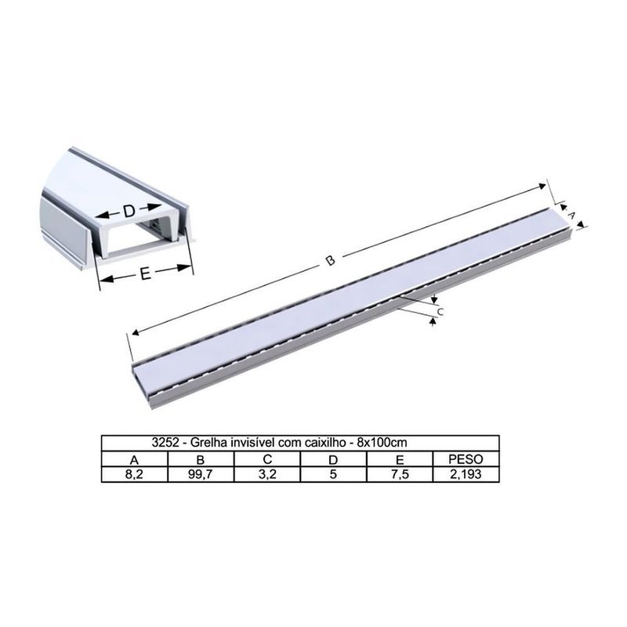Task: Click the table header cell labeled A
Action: click(135, 459)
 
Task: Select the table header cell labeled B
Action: click(201, 459)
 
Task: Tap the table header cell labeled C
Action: click(267, 459)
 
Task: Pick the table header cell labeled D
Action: click(333, 459)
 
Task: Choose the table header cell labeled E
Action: click(399, 459)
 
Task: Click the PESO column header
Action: click(466, 459)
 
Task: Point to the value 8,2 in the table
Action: click(135, 473)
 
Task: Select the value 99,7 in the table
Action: click(201, 473)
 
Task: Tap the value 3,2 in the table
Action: click(267, 473)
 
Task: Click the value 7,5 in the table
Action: click(399, 473)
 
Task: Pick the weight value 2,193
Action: click(466, 473)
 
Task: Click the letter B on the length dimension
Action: click(331, 260)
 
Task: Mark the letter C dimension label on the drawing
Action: click(440, 312)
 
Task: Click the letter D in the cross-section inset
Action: click(129, 212)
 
